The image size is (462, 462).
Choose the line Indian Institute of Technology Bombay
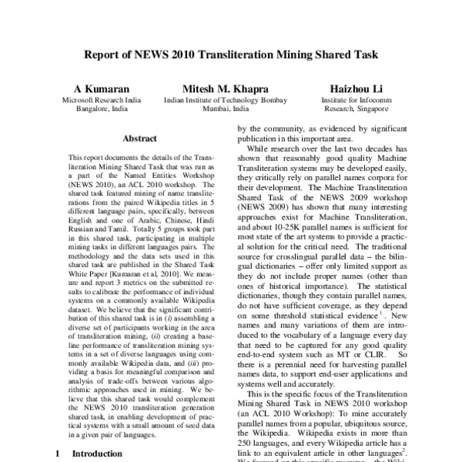tap(220, 100)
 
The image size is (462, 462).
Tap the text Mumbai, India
tap(220, 109)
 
